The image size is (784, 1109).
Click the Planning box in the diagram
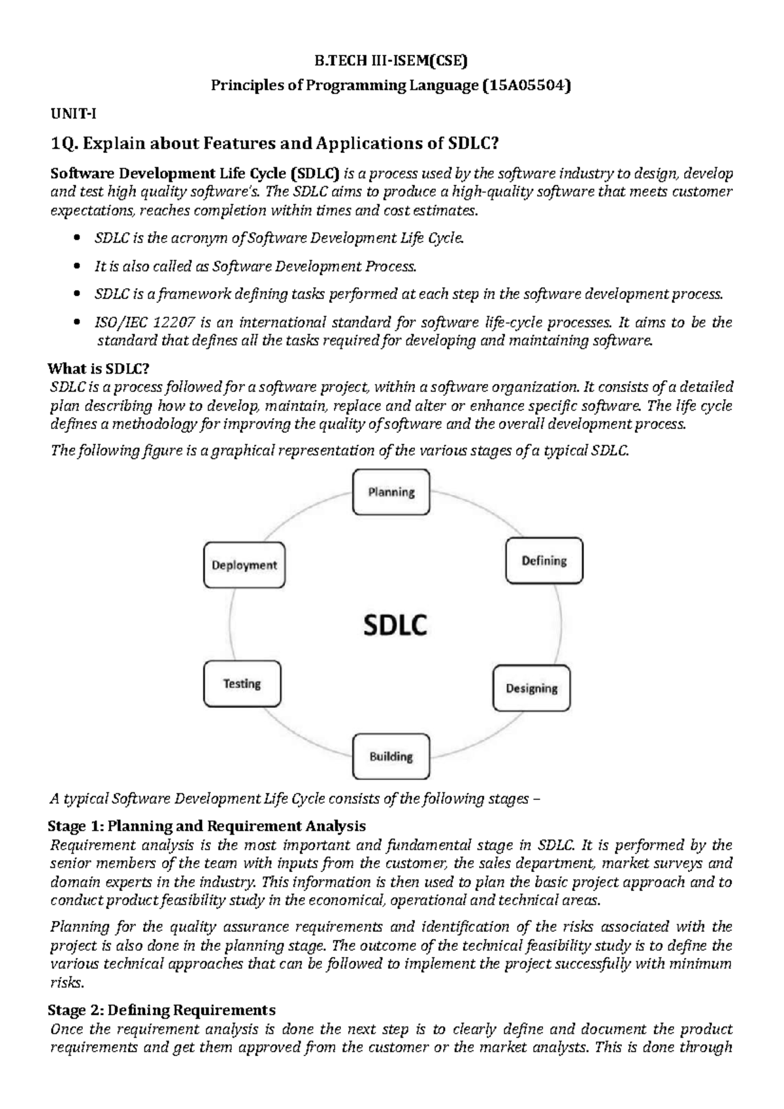tap(391, 492)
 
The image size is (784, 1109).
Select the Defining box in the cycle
tap(544, 560)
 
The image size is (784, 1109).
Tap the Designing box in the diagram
tap(531, 688)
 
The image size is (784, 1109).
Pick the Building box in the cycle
tap(391, 757)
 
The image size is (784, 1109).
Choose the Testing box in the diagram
tap(242, 684)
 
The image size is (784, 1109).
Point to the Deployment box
tap(244, 566)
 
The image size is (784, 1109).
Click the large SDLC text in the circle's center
tap(395, 626)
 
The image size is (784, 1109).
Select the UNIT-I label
tap(74, 114)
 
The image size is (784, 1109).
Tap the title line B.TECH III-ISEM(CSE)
tap(391, 62)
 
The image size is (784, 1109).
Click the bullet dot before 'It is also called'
tap(78, 267)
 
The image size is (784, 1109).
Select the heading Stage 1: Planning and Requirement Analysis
tap(206, 826)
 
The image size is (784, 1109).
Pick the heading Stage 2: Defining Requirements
tap(162, 1010)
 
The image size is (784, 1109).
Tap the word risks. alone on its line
tap(67, 983)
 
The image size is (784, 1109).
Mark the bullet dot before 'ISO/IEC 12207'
tap(78, 323)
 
